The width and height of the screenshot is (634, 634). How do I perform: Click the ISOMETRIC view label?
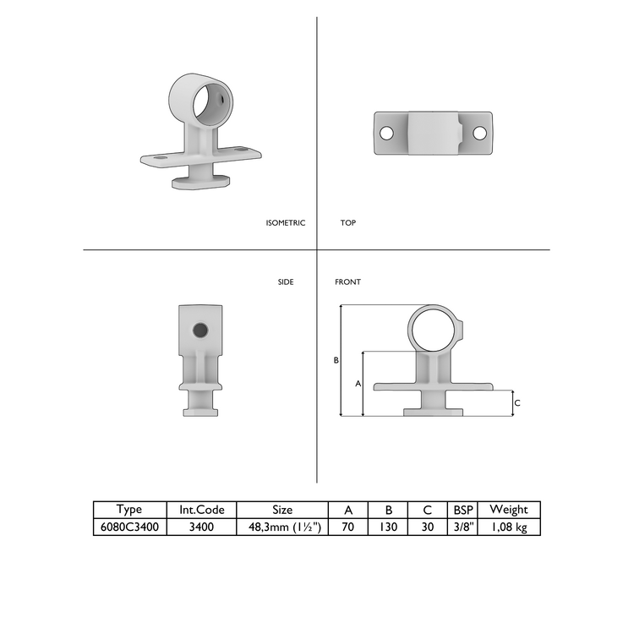(285, 223)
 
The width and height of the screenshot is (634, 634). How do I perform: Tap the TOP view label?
(347, 223)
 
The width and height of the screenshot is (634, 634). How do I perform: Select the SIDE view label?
(286, 281)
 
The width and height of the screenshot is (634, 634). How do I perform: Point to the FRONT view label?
(347, 281)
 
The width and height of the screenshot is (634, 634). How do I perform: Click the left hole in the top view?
(386, 134)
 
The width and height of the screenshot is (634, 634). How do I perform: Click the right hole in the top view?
(479, 134)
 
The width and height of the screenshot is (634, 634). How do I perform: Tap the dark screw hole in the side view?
(200, 330)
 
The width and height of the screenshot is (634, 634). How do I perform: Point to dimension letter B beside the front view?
(336, 360)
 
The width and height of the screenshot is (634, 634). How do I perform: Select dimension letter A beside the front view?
(358, 384)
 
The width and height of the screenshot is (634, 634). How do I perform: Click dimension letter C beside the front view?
(517, 403)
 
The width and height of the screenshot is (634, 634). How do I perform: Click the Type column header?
(129, 510)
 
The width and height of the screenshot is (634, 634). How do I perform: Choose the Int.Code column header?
(201, 510)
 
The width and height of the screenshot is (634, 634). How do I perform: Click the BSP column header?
(463, 510)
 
